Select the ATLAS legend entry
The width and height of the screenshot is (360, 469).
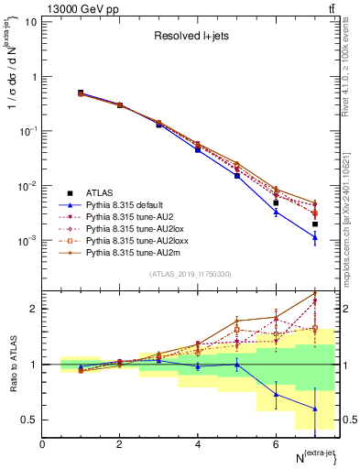tap(101, 193)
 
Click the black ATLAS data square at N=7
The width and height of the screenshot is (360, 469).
tap(314, 224)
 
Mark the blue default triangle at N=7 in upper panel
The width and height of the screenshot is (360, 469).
tap(314, 237)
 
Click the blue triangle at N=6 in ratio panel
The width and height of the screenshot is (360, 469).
tap(276, 395)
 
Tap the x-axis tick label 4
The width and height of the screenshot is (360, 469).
tap(198, 444)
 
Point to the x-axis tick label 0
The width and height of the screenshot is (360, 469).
tap(43, 444)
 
